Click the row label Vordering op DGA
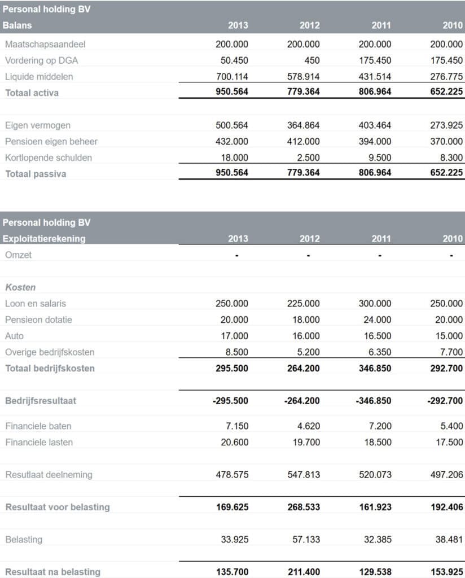41,60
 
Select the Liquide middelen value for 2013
232,77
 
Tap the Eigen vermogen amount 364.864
304,125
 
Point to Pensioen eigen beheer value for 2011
375,142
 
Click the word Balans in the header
17,25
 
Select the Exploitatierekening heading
44,239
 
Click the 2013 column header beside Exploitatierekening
238,239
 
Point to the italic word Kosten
20,287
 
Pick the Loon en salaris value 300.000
375,304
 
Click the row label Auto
15,336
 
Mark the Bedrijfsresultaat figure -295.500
230,401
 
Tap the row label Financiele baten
38,426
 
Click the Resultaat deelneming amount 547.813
304,475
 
